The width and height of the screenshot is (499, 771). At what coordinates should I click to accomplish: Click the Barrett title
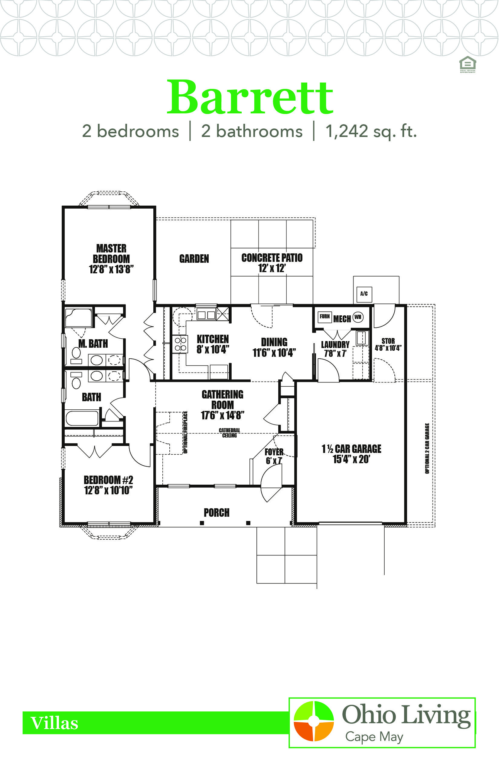250,97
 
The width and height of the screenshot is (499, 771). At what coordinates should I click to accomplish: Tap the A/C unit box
364,294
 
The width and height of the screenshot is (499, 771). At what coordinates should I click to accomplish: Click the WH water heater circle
358,317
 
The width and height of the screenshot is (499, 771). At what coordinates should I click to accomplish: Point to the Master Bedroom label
111,259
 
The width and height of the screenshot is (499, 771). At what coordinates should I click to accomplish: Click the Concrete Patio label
272,263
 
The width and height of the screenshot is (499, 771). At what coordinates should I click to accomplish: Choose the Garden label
194,259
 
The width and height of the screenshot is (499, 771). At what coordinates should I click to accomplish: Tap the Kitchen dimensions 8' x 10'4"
213,349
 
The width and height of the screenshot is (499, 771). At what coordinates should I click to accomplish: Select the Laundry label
335,344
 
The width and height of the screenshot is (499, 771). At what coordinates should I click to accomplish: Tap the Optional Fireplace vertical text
185,432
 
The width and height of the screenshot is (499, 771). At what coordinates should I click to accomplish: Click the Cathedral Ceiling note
230,433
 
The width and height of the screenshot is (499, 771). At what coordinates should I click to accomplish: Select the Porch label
217,512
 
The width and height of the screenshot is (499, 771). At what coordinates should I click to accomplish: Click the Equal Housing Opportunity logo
468,64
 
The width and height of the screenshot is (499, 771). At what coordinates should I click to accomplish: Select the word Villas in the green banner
54,723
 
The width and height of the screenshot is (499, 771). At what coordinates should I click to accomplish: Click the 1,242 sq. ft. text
371,131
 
